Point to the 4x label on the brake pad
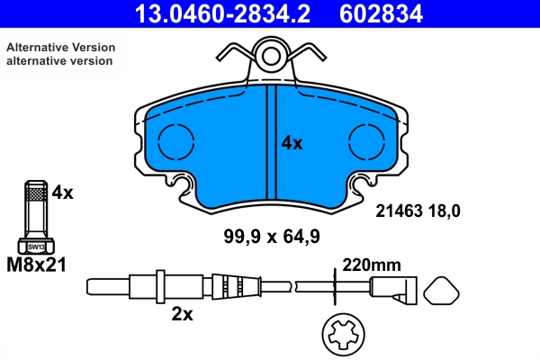292,142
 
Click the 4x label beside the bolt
61,192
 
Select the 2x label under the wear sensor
181,315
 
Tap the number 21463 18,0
417,211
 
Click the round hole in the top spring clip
271,58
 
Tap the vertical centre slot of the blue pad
270,144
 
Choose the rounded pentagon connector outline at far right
442,292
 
